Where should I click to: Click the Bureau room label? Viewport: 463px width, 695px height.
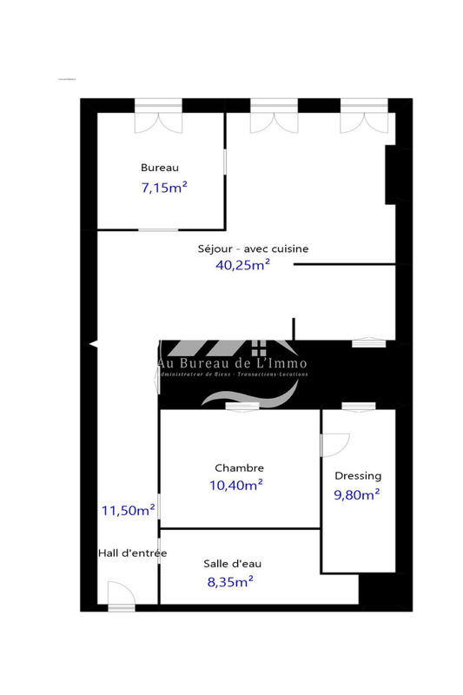pos(160,168)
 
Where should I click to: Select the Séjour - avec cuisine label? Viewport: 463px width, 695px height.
pos(251,248)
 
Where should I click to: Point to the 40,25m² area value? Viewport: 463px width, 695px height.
pos(242,265)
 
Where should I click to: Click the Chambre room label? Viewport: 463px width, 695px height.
pos(239,467)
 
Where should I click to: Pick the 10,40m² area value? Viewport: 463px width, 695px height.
pos(236,486)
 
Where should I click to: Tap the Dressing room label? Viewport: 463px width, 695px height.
pos(358,476)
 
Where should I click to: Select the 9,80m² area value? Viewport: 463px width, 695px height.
pos(357,495)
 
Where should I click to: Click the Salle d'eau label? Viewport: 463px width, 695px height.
pos(232,563)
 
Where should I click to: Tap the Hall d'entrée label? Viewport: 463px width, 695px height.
pos(132,553)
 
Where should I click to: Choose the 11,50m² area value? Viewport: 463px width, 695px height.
pos(129,510)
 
